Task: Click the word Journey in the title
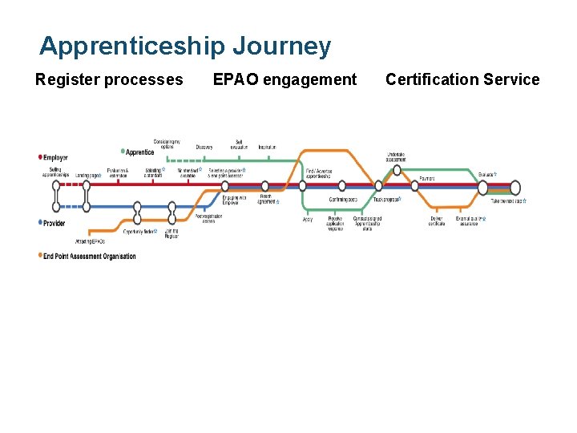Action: click(x=281, y=46)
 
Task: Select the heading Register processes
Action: click(x=109, y=79)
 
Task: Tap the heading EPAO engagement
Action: click(x=284, y=79)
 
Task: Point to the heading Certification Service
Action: click(x=462, y=79)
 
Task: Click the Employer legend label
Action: click(x=55, y=158)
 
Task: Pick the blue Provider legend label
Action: click(x=54, y=223)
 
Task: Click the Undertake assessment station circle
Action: click(x=397, y=169)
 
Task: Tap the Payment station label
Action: click(x=427, y=178)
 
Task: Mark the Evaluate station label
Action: click(x=486, y=174)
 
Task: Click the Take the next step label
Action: click(x=507, y=201)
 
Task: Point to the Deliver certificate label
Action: click(x=437, y=221)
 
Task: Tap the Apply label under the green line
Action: click(x=308, y=219)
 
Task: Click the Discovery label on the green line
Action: click(x=204, y=147)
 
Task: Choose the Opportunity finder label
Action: click(x=139, y=231)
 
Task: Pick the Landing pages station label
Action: click(x=88, y=175)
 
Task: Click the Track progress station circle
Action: click(x=378, y=186)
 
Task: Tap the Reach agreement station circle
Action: click(x=265, y=186)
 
